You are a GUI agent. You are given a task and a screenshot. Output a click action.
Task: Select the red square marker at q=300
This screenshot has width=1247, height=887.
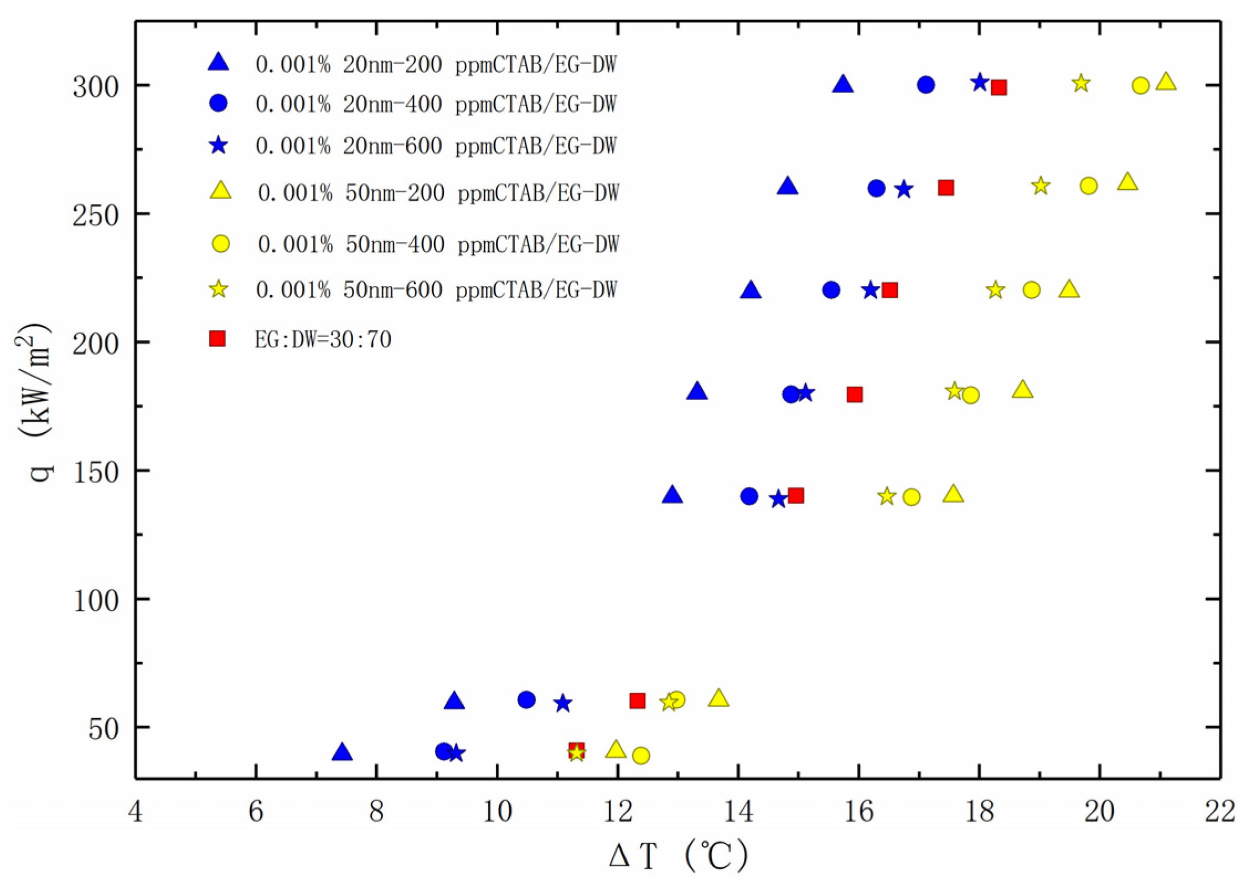(x=998, y=87)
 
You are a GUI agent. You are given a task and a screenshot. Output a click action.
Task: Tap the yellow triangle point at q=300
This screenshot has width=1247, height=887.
(x=1166, y=82)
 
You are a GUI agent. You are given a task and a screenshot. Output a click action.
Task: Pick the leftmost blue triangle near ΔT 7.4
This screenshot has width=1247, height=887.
(x=343, y=753)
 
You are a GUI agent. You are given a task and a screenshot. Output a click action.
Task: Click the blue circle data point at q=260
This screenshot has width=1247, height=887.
(x=876, y=188)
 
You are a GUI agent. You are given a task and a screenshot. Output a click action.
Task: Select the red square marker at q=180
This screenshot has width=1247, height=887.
(x=855, y=395)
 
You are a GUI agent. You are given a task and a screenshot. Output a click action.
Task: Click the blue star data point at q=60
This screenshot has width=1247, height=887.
(x=563, y=703)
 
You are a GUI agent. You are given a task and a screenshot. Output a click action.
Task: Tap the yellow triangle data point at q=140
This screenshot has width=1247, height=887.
(x=953, y=494)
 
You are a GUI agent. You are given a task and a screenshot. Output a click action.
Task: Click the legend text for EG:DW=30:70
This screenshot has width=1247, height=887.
(x=323, y=339)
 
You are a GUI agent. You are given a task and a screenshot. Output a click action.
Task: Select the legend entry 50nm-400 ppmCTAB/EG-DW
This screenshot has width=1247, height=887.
(x=438, y=244)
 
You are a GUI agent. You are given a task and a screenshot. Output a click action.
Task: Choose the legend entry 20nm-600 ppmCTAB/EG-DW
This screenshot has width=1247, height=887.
(x=436, y=146)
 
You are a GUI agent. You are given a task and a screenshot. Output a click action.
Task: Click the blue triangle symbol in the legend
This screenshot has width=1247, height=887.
(x=219, y=63)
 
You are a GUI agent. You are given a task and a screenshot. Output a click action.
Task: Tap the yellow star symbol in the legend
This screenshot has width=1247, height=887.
(x=219, y=289)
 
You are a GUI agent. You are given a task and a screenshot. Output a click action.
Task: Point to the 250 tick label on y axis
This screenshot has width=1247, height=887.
(x=96, y=214)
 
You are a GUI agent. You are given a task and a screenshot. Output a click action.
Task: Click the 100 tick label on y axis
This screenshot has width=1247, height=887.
(x=96, y=599)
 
